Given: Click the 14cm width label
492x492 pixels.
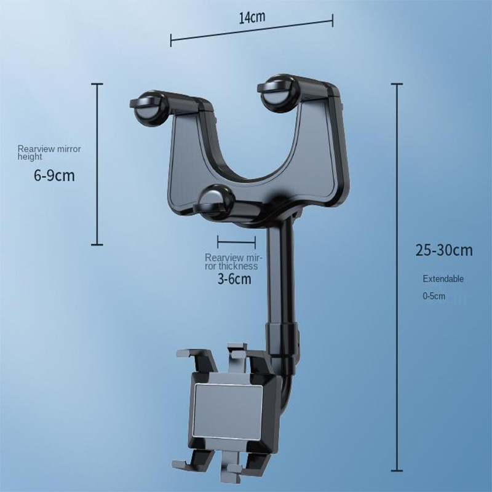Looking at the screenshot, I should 252,17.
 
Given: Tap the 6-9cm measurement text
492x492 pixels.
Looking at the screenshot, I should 54,177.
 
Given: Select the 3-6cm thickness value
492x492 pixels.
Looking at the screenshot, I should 234,279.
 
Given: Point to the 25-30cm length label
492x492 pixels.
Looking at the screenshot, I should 443,250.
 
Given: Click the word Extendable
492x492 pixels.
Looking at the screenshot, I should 443,279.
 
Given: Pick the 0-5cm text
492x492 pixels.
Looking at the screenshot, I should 434,296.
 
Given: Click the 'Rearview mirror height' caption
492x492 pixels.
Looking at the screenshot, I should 49,153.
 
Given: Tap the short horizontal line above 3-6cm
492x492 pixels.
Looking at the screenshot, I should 236,242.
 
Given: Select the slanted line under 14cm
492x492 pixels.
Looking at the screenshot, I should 252,31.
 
